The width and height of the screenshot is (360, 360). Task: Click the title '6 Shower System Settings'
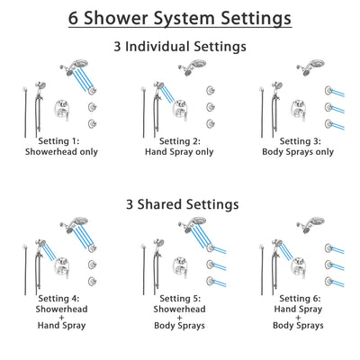pyautogui.click(x=180, y=17)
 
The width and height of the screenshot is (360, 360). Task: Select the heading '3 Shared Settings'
pyautogui.click(x=180, y=203)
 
